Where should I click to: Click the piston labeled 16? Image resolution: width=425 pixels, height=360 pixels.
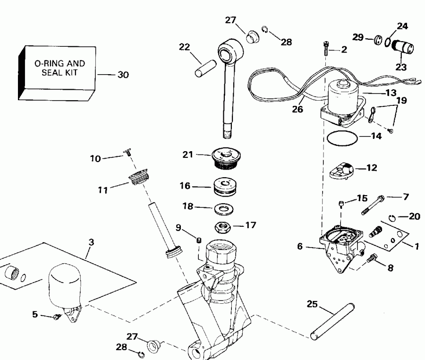click(226, 187)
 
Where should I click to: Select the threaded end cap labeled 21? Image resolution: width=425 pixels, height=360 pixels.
click(225, 157)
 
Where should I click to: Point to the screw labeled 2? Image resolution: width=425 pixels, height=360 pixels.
click(325, 49)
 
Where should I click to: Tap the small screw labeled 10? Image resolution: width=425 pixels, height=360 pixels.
click(128, 152)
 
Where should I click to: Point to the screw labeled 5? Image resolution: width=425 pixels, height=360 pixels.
click(57, 317)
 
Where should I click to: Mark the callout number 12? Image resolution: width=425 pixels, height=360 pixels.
click(372, 167)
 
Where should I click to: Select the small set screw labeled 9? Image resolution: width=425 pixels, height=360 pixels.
click(199, 241)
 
